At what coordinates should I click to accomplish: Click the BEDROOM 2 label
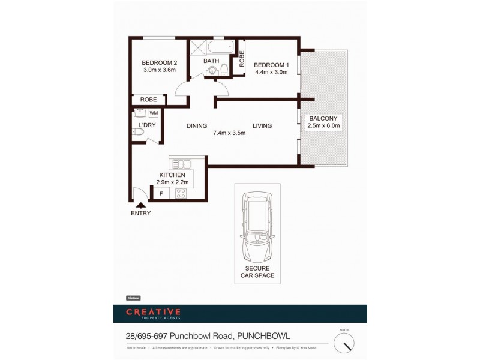pos(159,63)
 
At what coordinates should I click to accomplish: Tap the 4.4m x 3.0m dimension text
pos(271,72)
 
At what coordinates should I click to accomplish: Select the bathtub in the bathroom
pos(220,48)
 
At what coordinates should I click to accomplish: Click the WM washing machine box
pos(153,112)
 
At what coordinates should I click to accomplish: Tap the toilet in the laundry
pos(137,136)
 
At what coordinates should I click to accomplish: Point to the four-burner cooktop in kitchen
pos(180,193)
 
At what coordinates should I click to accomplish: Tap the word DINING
pos(196,126)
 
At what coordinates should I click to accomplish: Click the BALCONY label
pos(323,118)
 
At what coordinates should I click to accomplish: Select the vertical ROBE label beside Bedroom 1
pos(242,59)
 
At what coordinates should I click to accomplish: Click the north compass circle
pos(344,343)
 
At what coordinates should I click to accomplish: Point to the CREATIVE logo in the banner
pos(153,311)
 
